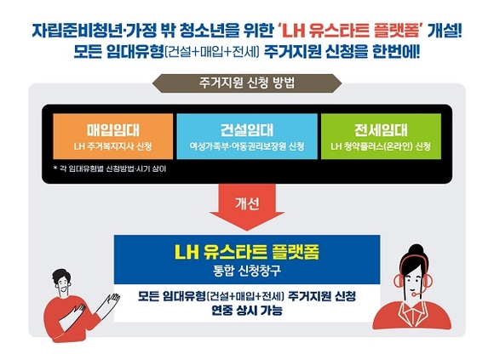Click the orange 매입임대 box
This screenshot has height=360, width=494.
[113, 136]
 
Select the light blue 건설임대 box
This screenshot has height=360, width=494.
[247, 136]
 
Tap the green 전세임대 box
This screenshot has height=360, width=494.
[381, 136]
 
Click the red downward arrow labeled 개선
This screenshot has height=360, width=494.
[247, 207]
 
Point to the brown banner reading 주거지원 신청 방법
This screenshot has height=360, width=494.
[247, 83]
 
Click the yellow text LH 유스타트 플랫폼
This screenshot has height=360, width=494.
[247, 252]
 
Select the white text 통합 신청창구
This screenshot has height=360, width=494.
[247, 271]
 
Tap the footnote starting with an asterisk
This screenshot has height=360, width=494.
[110, 169]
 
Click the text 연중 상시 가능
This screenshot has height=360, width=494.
[247, 311]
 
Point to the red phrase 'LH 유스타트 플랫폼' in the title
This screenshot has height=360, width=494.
[352, 31]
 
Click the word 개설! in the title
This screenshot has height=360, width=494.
[445, 31]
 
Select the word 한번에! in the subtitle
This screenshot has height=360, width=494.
[396, 51]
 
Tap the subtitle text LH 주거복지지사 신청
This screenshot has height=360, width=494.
[113, 146]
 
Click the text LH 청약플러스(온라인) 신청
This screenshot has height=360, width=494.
[381, 146]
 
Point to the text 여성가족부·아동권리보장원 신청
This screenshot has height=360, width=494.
[247, 146]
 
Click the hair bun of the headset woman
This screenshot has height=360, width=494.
[416, 250]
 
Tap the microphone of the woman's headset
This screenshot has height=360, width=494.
[414, 294]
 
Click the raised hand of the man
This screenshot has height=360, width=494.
[112, 300]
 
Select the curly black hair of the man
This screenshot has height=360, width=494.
[62, 277]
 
